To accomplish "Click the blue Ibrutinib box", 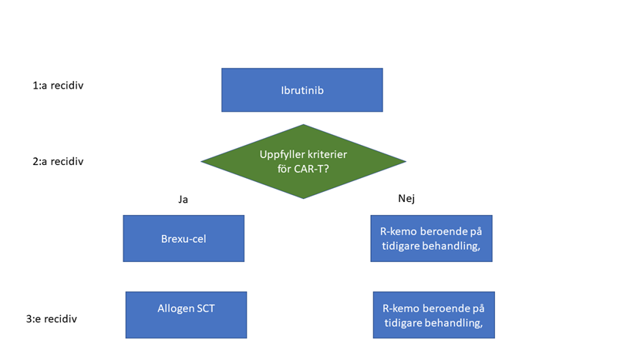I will (301, 90).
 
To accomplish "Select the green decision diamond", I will (303, 161).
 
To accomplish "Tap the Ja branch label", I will (183, 199).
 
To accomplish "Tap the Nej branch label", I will (406, 198).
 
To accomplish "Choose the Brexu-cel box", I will (184, 239).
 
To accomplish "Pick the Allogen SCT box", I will (186, 315).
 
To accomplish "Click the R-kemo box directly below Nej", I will (431, 239).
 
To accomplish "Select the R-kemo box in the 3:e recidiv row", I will (433, 315).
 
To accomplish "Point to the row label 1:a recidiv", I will (58, 86).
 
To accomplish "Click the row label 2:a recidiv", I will (58, 161).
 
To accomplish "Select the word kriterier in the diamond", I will (327, 154).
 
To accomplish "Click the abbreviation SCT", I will (205, 308).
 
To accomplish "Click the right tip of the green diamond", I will (404, 161).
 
